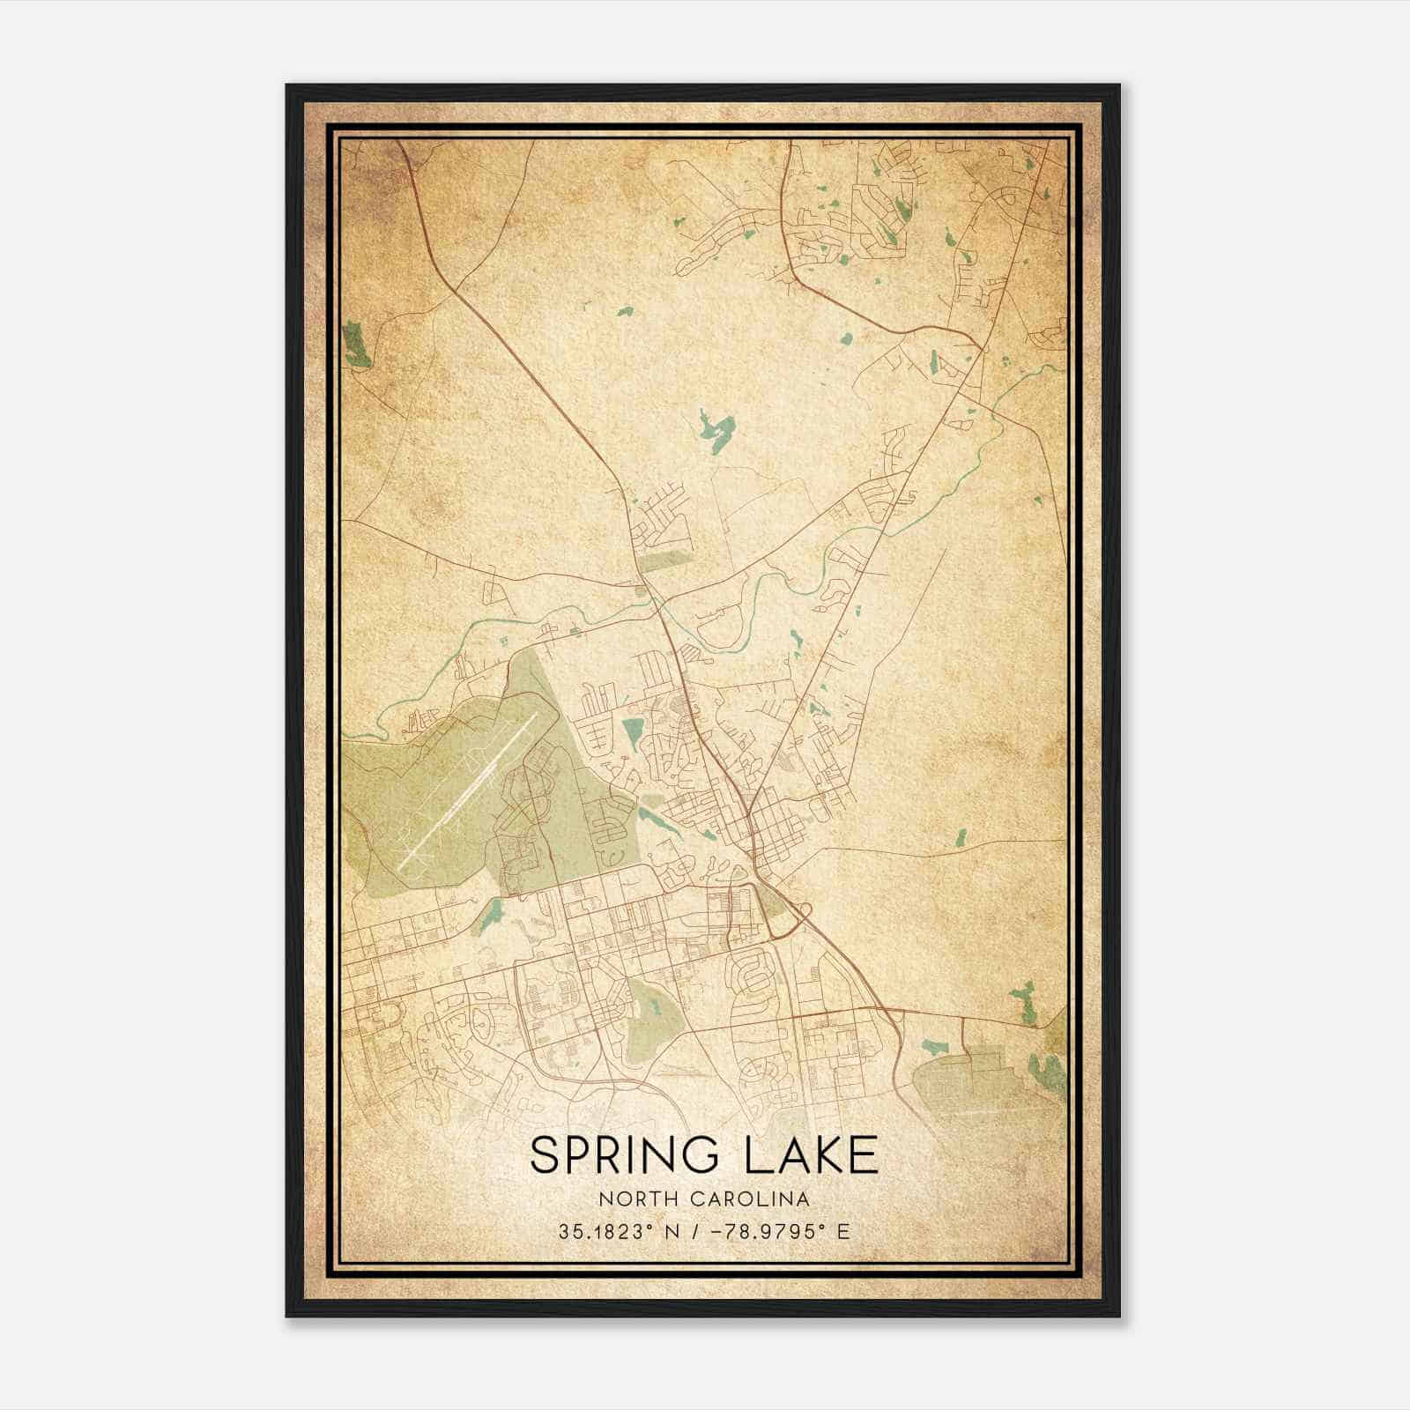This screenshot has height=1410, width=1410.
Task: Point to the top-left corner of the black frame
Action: coord(287,85)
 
